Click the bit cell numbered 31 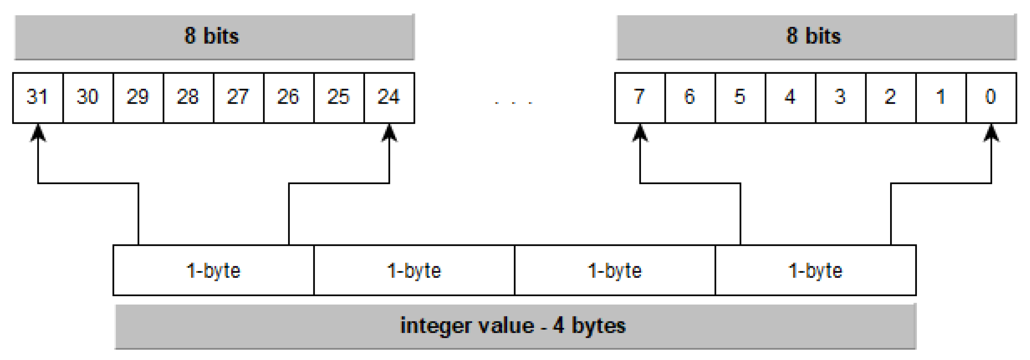point(37,97)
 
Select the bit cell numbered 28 point(188,97)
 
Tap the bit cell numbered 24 point(389,97)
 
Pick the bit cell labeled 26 point(288,97)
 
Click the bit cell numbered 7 point(640,97)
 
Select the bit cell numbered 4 point(790,97)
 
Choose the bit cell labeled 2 point(891,97)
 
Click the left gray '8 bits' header point(214,37)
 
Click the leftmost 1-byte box point(214,271)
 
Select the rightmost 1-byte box point(815,271)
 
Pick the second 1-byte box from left point(414,271)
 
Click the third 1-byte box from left point(615,271)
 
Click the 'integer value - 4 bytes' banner point(515,326)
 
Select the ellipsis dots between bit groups point(513,103)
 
